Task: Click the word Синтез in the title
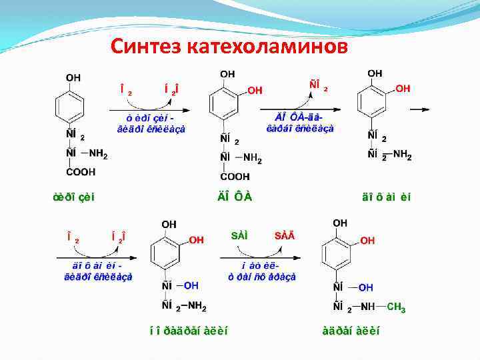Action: coord(147,46)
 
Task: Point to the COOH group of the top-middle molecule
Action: coord(236,177)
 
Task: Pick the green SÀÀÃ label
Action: coord(287,235)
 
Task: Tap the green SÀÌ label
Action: coord(239,235)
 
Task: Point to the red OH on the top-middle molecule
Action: coord(255,90)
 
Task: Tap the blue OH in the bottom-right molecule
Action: coord(365,288)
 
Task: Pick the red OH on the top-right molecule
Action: coord(403,88)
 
